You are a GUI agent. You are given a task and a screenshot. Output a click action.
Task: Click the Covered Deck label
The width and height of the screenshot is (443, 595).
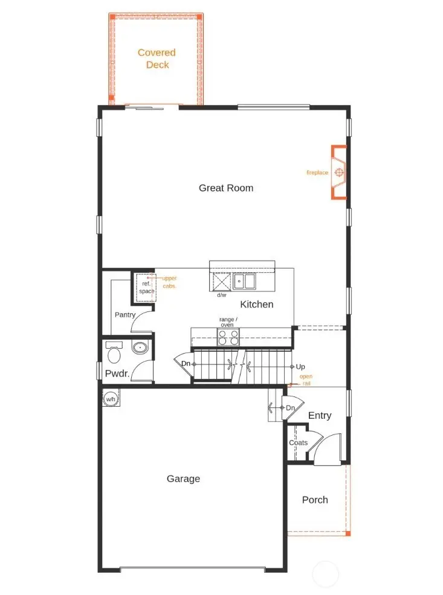157,59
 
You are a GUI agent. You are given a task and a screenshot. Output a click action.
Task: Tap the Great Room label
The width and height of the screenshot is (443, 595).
226,188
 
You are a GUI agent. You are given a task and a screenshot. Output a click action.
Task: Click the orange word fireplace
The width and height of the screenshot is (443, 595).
317,173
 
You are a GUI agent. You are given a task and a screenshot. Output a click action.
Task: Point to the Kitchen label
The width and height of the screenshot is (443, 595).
257,304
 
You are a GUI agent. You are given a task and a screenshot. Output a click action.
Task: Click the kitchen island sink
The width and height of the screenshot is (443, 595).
245,281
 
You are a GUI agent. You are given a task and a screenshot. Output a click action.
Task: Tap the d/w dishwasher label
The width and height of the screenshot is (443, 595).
221,295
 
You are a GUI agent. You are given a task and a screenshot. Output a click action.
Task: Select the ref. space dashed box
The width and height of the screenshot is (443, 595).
147,287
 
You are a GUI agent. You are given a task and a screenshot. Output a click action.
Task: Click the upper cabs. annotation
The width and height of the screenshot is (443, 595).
169,282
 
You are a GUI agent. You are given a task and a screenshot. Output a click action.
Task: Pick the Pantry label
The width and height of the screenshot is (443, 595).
124,314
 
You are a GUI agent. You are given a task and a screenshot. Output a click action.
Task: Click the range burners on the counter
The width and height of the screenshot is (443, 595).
228,337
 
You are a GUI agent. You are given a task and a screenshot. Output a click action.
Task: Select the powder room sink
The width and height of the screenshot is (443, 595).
140,347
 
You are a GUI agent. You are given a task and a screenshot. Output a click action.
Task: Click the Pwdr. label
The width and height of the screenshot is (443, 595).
118,374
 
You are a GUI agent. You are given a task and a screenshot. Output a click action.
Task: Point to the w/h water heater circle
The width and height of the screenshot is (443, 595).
111,399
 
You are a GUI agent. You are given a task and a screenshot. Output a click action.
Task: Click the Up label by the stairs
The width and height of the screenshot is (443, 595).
300,366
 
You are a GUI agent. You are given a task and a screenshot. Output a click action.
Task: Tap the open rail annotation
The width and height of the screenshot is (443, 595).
306,380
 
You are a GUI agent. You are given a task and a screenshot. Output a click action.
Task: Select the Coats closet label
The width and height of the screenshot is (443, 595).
298,442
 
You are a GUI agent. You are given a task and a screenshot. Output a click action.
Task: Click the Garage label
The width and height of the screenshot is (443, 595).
183,479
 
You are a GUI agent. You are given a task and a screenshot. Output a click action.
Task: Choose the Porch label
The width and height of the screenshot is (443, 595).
315,500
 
